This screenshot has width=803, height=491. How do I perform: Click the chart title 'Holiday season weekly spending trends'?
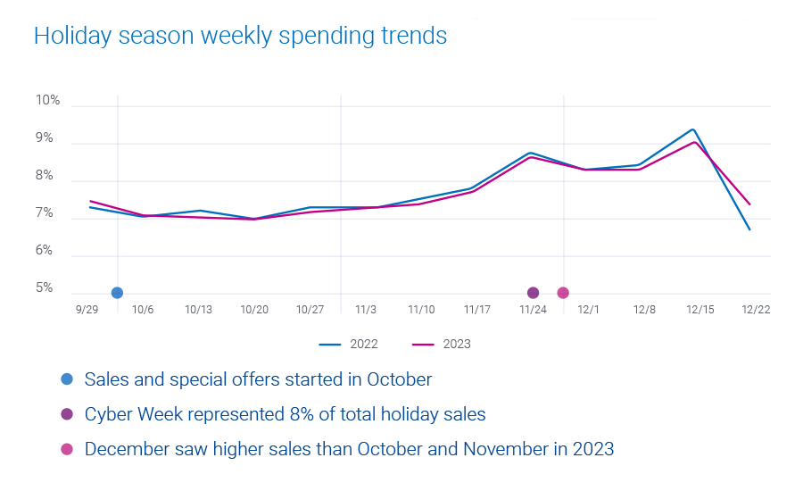click(x=240, y=36)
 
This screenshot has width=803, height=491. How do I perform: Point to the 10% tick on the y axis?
click(x=48, y=101)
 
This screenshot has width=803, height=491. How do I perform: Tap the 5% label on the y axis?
click(x=45, y=289)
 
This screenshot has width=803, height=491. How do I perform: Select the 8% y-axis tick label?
click(x=45, y=177)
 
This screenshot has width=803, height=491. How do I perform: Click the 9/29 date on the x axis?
click(x=87, y=309)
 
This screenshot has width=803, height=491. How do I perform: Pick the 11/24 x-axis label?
click(x=533, y=309)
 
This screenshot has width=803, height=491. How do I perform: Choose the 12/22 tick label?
click(x=756, y=309)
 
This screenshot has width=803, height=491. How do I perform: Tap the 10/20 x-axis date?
click(x=254, y=309)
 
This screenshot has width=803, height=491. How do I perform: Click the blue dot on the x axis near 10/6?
click(x=117, y=293)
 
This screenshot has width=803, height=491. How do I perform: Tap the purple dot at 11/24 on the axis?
click(x=533, y=293)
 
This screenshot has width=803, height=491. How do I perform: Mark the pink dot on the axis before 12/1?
click(x=563, y=293)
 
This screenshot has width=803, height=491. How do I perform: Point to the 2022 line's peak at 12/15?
click(x=692, y=129)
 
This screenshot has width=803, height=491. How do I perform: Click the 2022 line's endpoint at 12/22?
click(x=749, y=229)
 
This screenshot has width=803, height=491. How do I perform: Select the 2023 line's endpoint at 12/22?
click(x=749, y=204)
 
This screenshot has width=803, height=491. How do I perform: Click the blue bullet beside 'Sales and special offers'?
click(x=67, y=379)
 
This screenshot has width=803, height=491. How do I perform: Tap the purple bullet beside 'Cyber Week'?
click(x=67, y=414)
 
